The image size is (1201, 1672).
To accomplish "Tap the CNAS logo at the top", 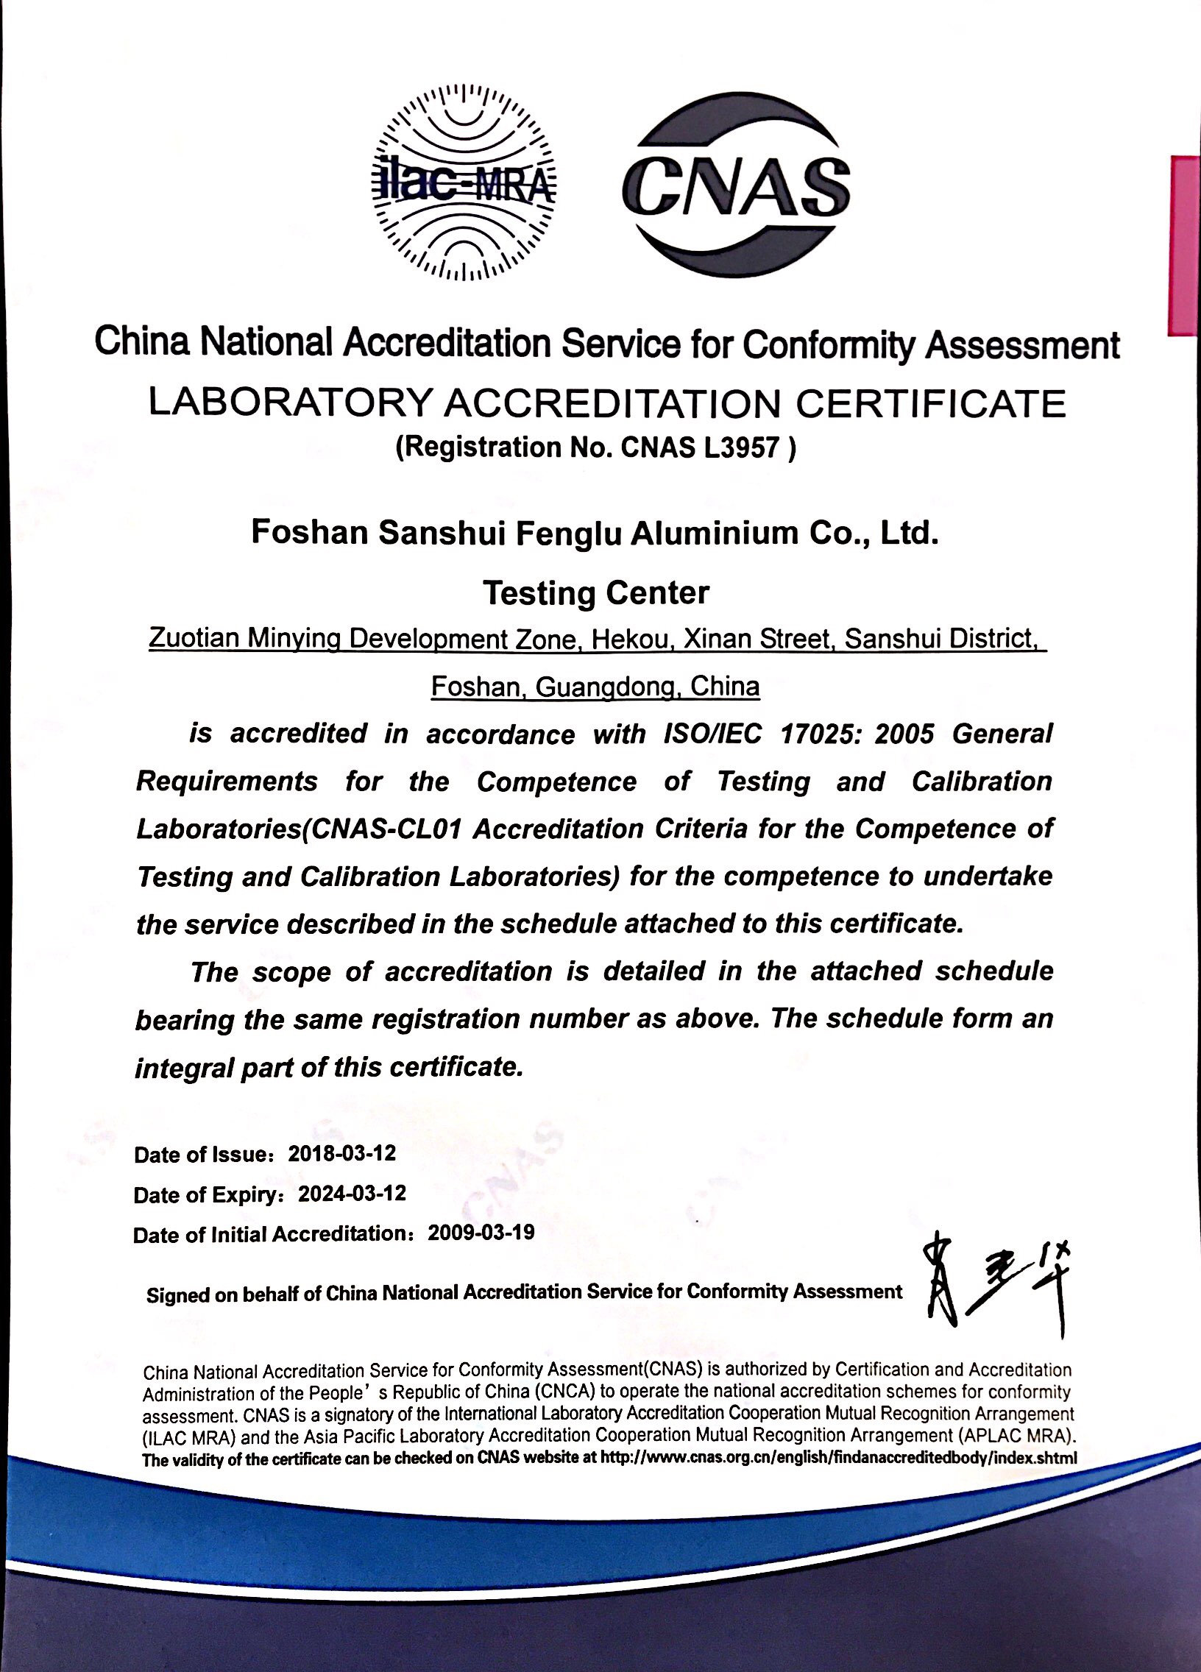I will click(735, 184).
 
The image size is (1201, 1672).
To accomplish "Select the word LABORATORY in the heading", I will click(290, 403).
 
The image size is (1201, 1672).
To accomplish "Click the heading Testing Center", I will click(595, 592).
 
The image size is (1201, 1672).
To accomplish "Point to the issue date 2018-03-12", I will click(342, 1153).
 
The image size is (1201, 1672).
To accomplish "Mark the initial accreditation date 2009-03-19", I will click(481, 1233).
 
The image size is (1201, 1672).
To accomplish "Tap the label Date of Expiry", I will click(205, 1194).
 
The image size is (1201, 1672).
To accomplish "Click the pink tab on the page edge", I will click(1184, 246).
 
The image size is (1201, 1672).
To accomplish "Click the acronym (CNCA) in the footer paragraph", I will click(564, 1392).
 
